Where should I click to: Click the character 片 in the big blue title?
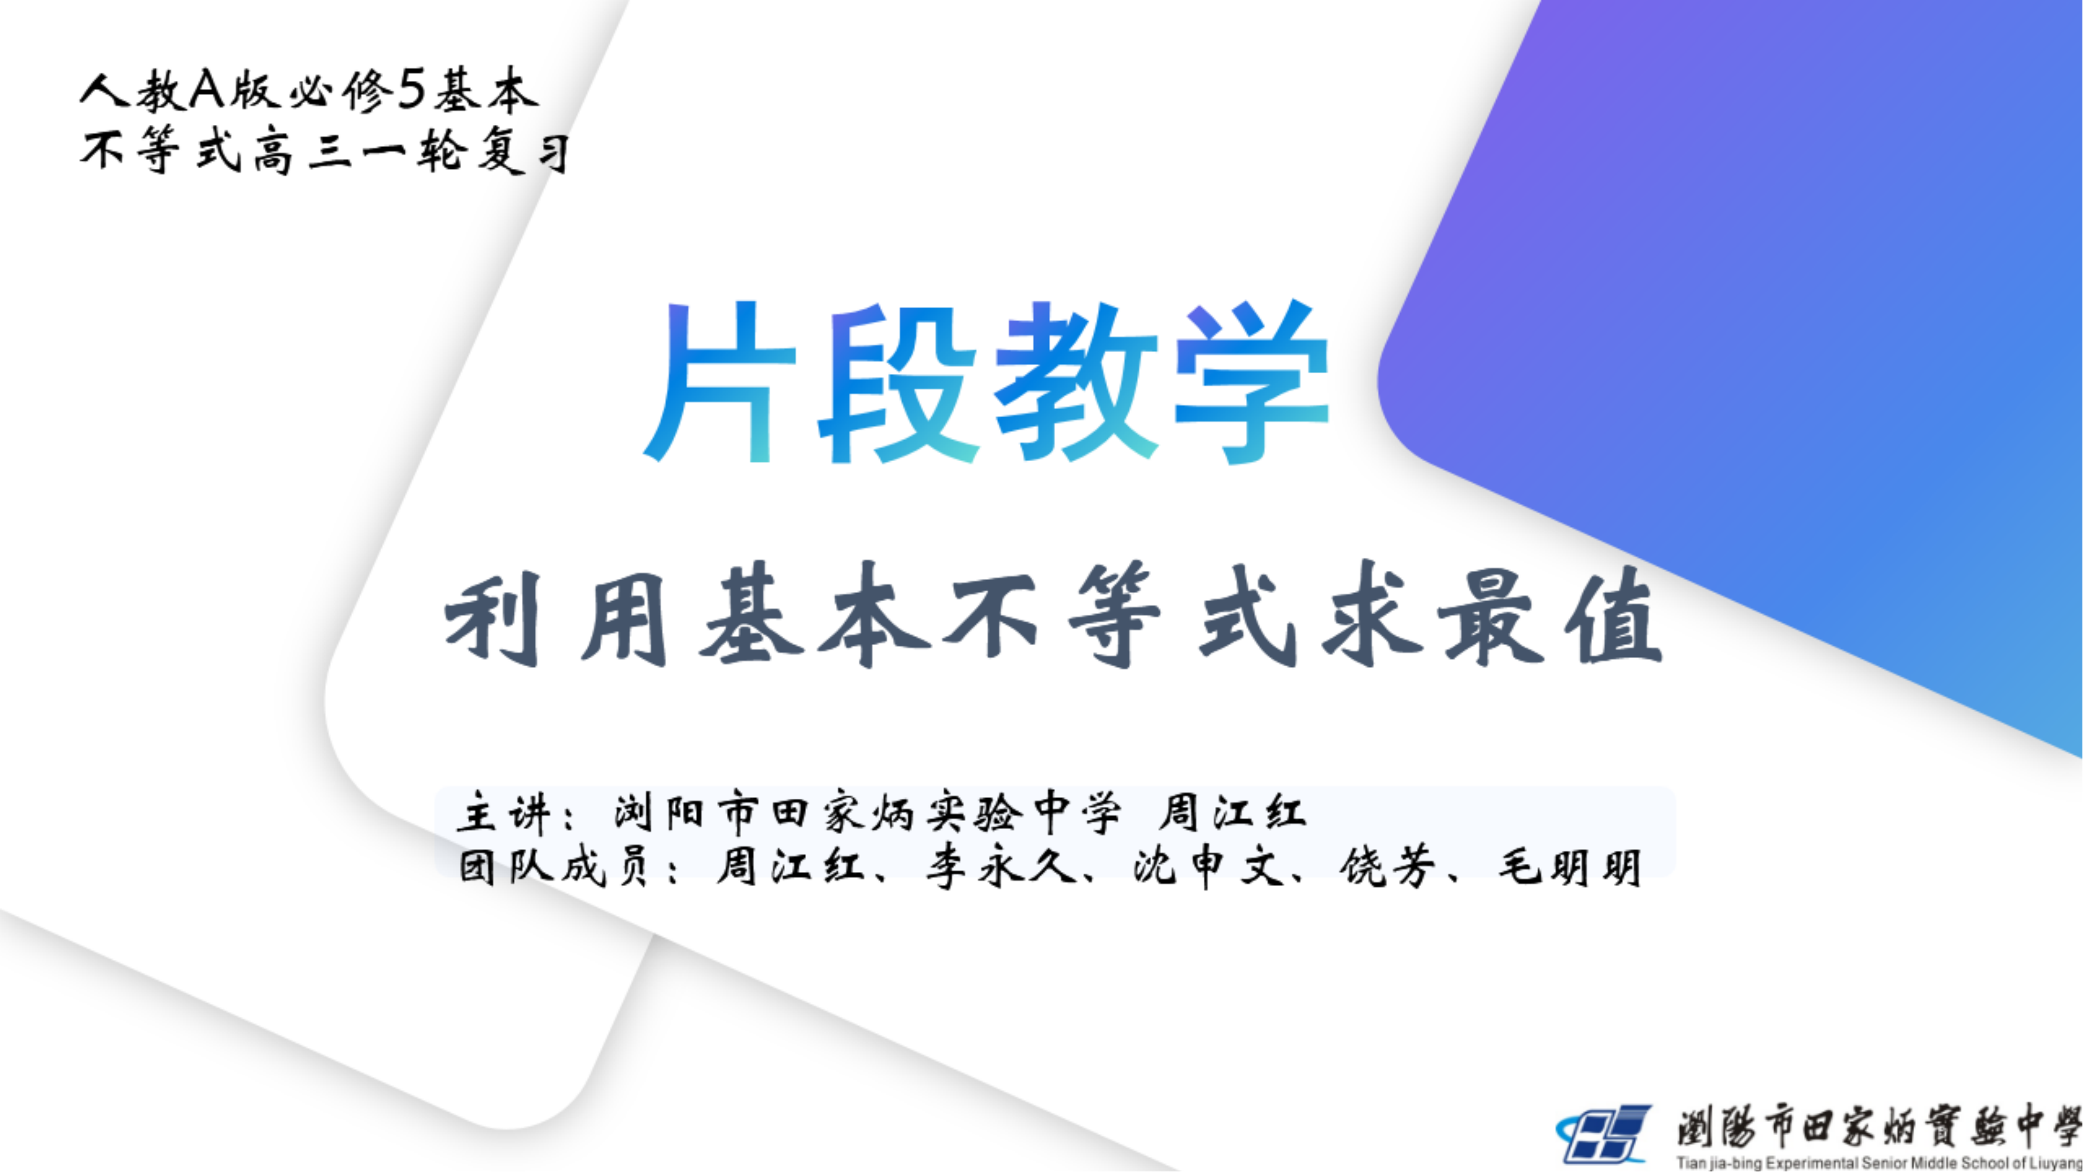pos(720,381)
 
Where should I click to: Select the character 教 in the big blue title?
pos(1076,381)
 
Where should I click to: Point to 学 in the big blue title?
pos(1252,381)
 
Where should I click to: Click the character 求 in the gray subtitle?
pos(1372,615)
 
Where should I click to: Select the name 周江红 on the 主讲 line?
pos(1231,811)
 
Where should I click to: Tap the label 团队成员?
pos(554,867)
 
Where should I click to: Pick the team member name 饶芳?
pos(1387,867)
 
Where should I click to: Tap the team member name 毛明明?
pos(1569,867)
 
